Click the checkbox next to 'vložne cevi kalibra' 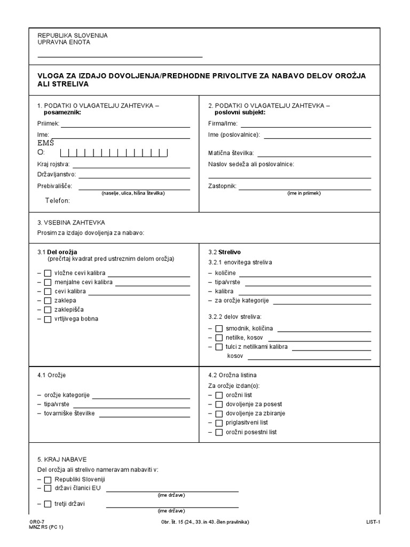click(x=48, y=273)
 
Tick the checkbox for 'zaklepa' click(x=48, y=301)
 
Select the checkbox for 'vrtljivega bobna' click(x=48, y=319)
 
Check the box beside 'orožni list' click(x=219, y=395)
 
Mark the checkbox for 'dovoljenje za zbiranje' click(x=219, y=413)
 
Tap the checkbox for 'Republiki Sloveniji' click(x=48, y=479)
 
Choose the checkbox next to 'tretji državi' click(x=48, y=504)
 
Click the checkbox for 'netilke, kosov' click(x=219, y=338)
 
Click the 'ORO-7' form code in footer click(x=38, y=521)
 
